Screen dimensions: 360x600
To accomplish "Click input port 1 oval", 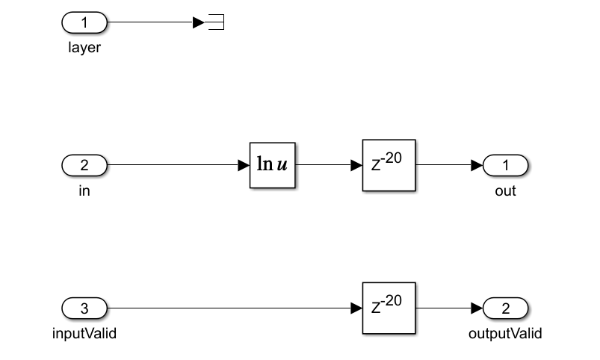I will tap(84, 22).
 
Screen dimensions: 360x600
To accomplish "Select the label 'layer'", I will tap(84, 49).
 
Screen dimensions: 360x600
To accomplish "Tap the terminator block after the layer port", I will tap(216, 22).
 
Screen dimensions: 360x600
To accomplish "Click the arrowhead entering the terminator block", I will tap(198, 22).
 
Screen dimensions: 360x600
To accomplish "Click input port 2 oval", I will tap(84, 165).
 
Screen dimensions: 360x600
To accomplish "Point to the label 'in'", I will tap(84, 191).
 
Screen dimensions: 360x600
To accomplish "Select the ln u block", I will tap(273, 165).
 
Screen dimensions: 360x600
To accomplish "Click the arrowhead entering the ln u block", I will tap(244, 165).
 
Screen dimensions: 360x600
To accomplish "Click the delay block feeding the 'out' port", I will tap(389, 165).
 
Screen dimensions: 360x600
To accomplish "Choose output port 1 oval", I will tap(506, 165).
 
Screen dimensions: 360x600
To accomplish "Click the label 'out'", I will tap(506, 191).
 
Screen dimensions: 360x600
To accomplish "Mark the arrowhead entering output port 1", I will tap(477, 165).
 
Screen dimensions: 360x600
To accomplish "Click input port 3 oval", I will tap(84, 308).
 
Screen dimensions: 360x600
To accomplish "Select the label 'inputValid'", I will tap(84, 334).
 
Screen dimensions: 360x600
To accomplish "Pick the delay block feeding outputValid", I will tap(389, 308).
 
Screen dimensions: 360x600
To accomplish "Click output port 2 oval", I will tap(506, 308).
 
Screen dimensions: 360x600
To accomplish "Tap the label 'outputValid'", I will tap(506, 334).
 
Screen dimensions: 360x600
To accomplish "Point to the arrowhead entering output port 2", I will tap(477, 308).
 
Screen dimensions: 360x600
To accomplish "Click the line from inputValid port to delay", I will tap(224, 308).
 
